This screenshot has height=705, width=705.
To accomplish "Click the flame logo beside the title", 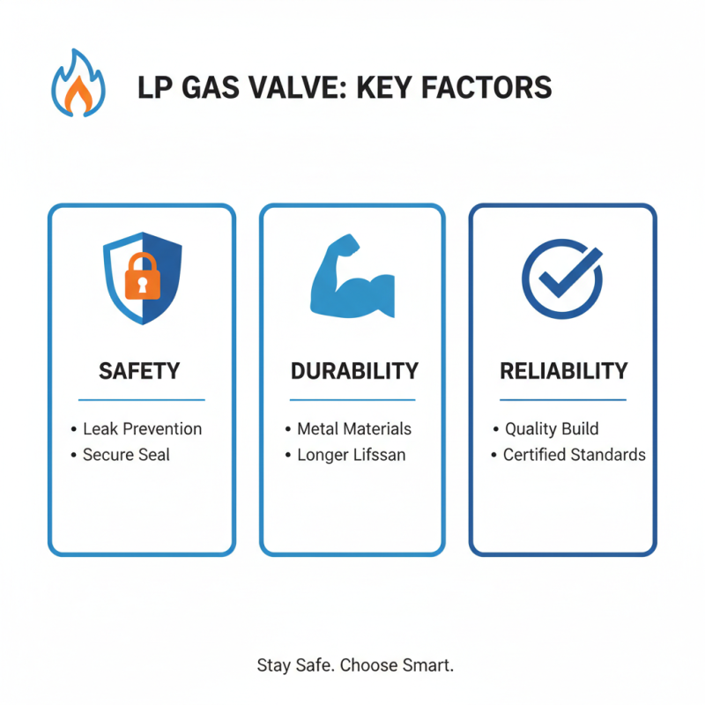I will coord(78,86).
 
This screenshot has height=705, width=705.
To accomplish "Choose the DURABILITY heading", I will coord(352,371).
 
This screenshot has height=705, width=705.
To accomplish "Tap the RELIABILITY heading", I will coord(563,371).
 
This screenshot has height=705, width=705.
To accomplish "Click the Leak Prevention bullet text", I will coord(142,429).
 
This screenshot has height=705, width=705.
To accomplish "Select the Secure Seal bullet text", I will coord(126,456).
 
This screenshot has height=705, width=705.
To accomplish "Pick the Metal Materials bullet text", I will coord(354,429).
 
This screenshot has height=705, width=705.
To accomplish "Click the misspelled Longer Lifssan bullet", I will coord(351,456).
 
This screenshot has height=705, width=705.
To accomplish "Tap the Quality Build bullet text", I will coord(552,429).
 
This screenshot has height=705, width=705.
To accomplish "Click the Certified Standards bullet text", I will coord(574,456).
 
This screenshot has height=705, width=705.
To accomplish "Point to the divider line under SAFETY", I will coord(141,400).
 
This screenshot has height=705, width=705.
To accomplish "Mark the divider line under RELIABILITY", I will coord(563,400).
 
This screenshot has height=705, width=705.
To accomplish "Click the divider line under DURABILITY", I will coord(352,400).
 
